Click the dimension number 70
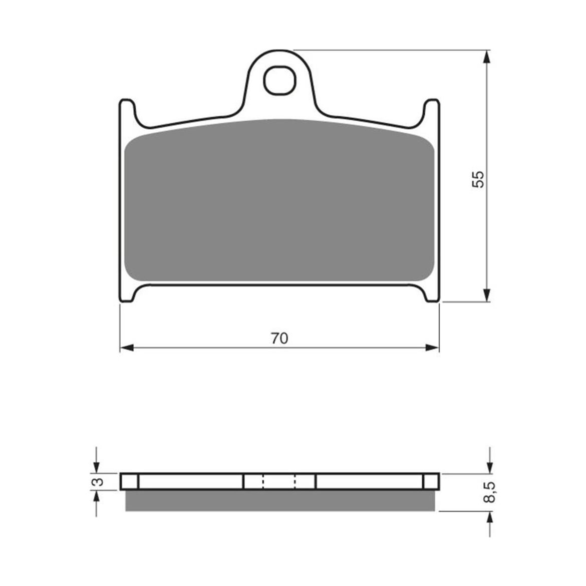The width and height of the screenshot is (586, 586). click(279, 338)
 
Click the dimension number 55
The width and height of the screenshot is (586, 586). click(478, 179)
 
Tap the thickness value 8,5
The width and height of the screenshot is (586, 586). click(490, 492)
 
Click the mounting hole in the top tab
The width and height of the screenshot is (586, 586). click(279, 81)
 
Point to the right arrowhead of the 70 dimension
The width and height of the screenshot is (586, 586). click(432, 348)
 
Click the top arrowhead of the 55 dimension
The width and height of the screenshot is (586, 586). click(487, 57)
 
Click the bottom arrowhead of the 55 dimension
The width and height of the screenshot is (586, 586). click(487, 295)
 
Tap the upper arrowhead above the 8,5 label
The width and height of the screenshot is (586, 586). click(490, 467)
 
